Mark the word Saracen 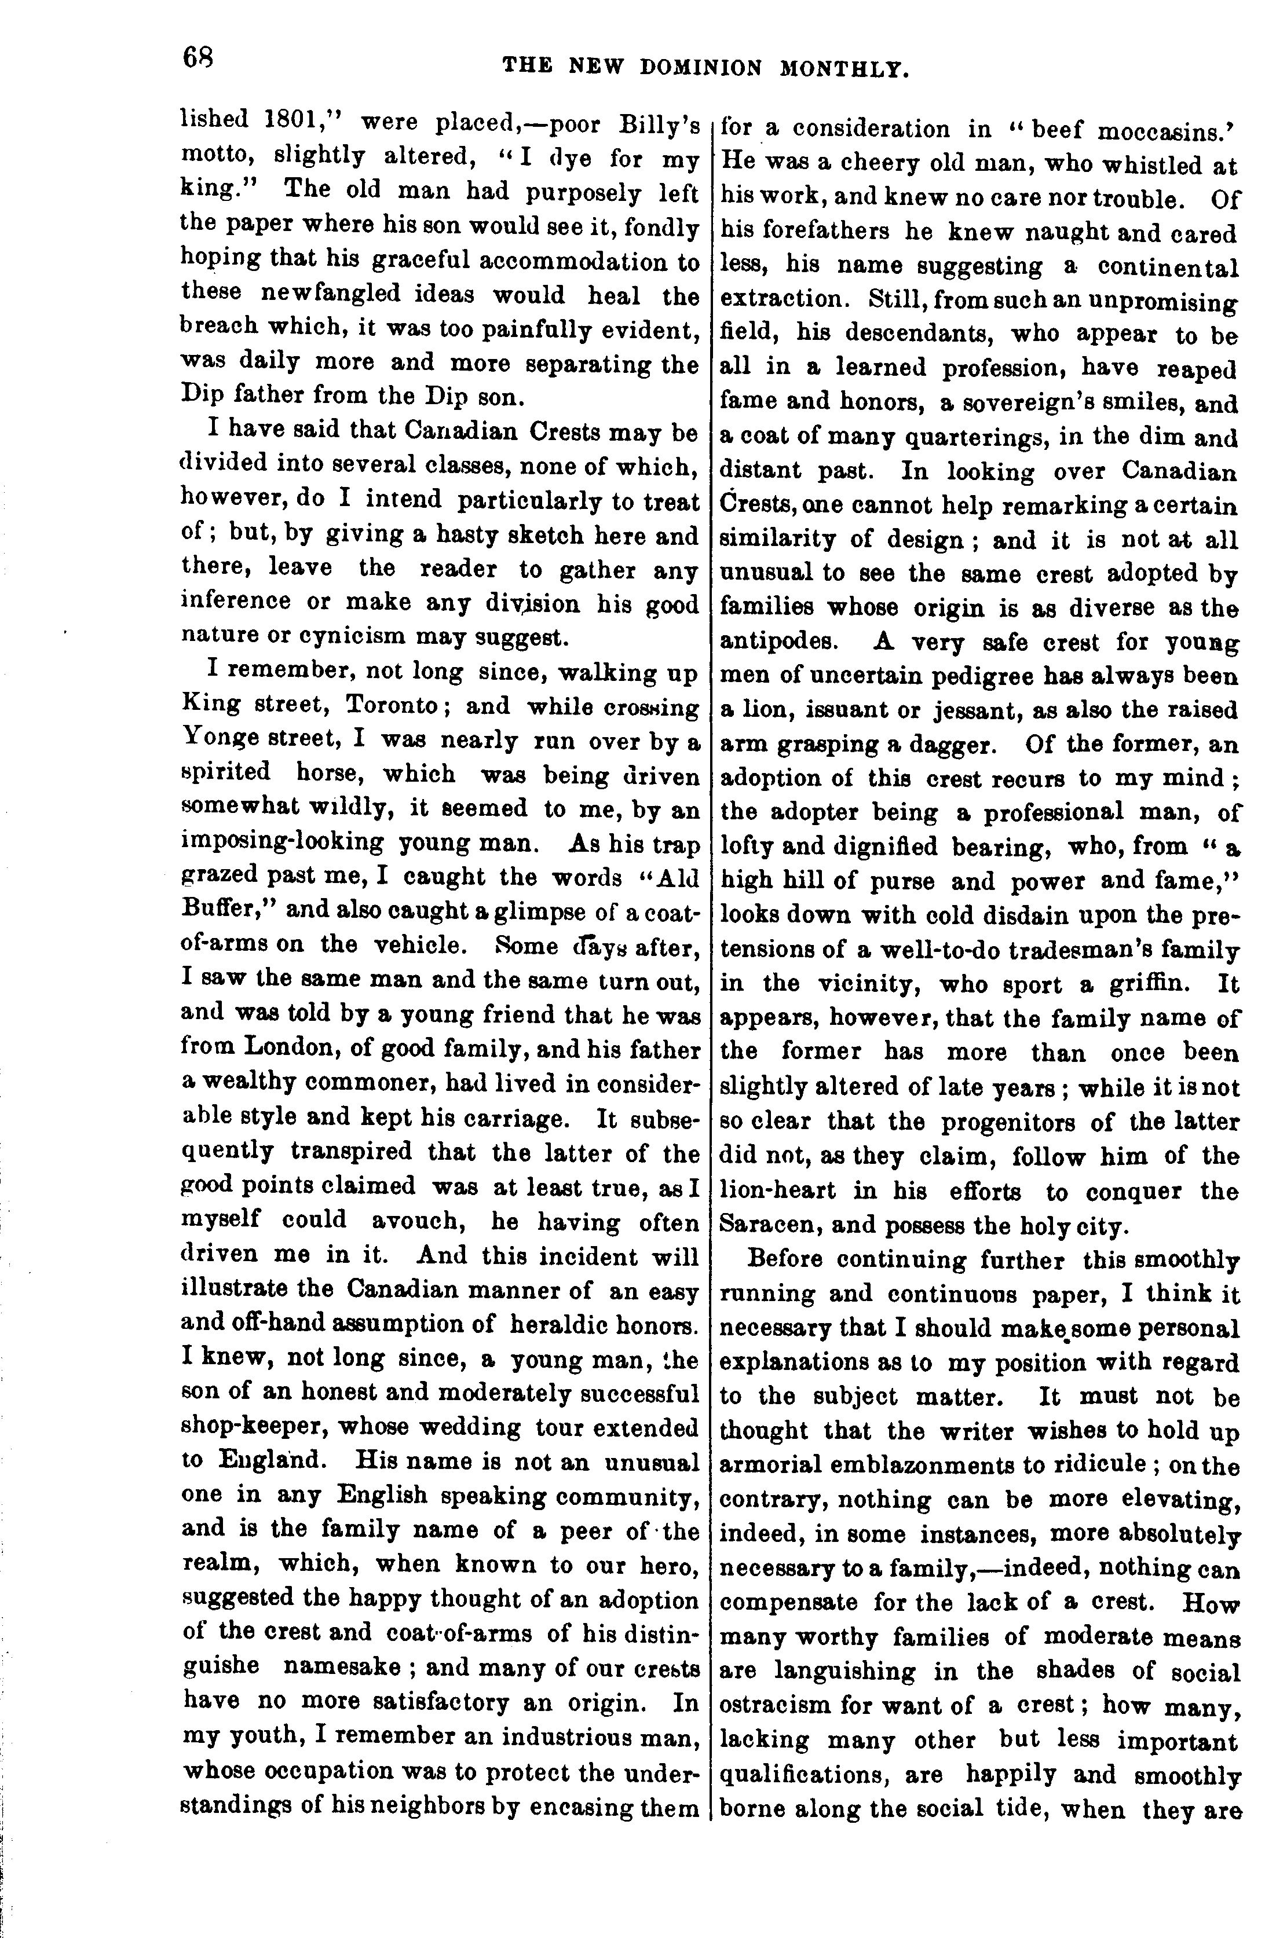[772, 1224]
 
